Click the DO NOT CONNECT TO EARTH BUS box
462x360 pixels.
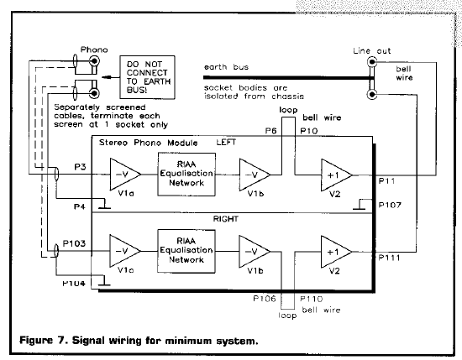[147, 77]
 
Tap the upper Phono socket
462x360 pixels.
[94, 61]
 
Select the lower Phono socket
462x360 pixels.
[94, 93]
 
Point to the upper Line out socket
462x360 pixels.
[372, 62]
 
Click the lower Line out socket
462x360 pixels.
[372, 95]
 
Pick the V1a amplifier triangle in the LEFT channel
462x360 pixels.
[125, 175]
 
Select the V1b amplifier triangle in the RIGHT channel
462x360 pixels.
[255, 252]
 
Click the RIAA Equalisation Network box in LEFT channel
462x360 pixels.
[186, 175]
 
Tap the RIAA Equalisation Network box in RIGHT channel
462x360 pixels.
[186, 251]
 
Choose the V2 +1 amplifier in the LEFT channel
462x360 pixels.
[336, 175]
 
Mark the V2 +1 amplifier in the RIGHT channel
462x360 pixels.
[336, 252]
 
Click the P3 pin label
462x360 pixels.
[80, 167]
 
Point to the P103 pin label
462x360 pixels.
[74, 243]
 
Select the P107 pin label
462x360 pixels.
[390, 205]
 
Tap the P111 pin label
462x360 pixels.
[389, 258]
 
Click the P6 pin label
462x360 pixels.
[270, 130]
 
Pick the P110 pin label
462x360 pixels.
[312, 299]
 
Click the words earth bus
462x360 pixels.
[226, 67]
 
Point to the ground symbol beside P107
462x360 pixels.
[360, 205]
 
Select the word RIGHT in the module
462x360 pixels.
[226, 219]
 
